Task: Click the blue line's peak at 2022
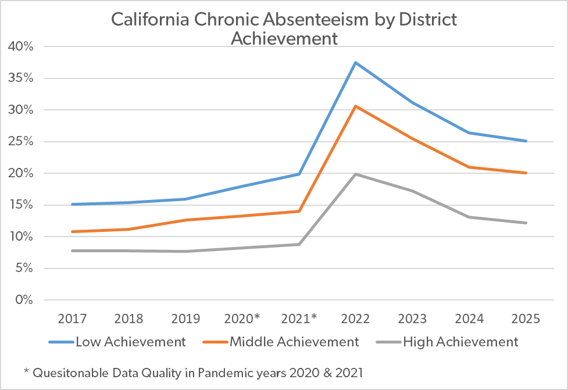click(x=356, y=63)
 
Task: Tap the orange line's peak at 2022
click(x=356, y=106)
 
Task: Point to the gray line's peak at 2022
click(x=356, y=174)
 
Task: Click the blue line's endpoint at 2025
click(x=526, y=141)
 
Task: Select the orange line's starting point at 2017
click(x=73, y=231)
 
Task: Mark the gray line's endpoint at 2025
click(x=526, y=223)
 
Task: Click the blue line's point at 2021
click(x=299, y=174)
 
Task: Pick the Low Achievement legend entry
click(x=117, y=342)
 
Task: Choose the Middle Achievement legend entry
click(x=281, y=342)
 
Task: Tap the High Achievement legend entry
click(x=448, y=342)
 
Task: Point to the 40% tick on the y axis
click(x=21, y=46)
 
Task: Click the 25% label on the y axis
click(x=21, y=141)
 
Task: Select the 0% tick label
click(x=24, y=300)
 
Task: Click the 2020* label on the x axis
click(x=242, y=319)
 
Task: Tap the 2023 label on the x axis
click(x=412, y=319)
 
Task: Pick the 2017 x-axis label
click(x=73, y=319)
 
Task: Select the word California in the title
click(x=150, y=19)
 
